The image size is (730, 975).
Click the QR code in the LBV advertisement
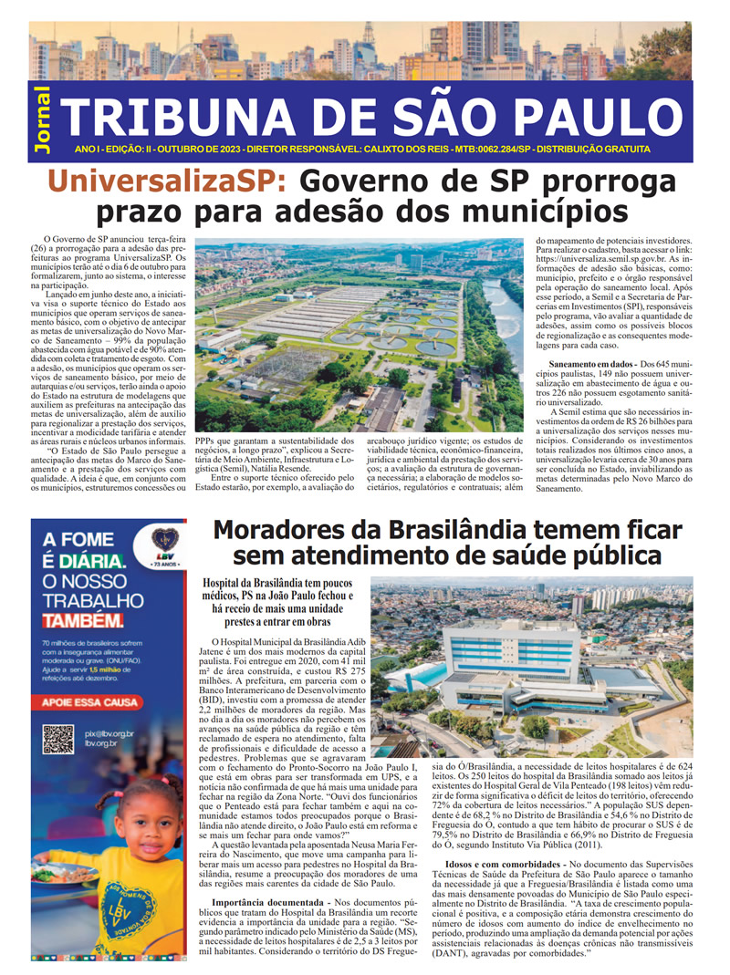click(x=58, y=738)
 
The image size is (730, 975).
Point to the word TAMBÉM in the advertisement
click(x=83, y=621)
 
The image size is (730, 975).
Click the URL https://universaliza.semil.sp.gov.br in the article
click(x=594, y=259)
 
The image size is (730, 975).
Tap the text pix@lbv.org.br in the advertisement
click(x=109, y=732)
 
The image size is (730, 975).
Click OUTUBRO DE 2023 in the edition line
click(x=195, y=149)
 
